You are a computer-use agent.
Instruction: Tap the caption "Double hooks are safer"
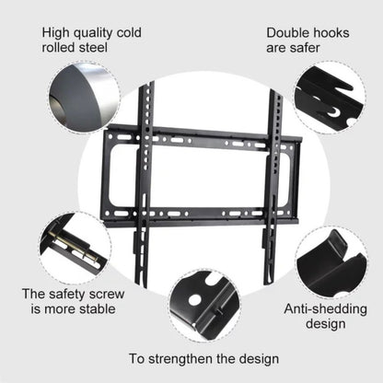coord(308,38)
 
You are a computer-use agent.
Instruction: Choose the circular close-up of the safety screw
coord(75,247)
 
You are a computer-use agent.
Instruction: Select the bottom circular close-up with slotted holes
coord(203,305)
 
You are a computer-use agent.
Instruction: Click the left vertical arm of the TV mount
coord(142,184)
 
